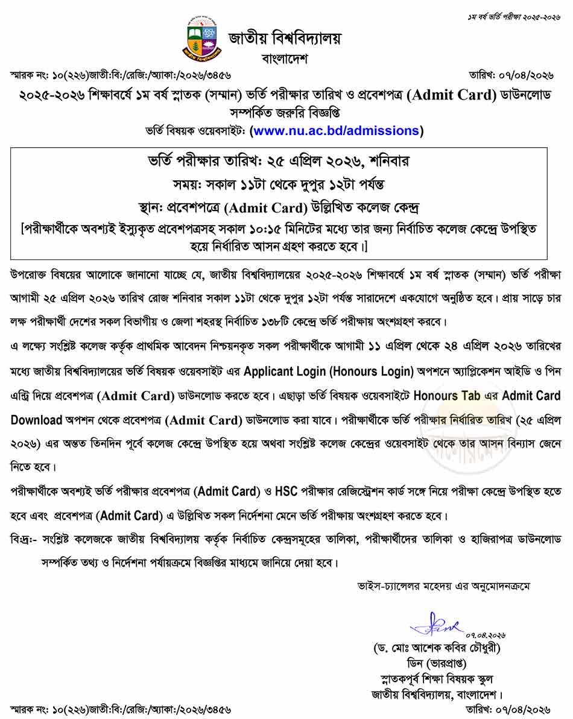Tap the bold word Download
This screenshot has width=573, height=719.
[37, 419]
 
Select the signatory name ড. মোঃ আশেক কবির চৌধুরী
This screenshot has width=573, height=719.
[437, 649]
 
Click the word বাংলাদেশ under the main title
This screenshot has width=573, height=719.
[285, 59]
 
